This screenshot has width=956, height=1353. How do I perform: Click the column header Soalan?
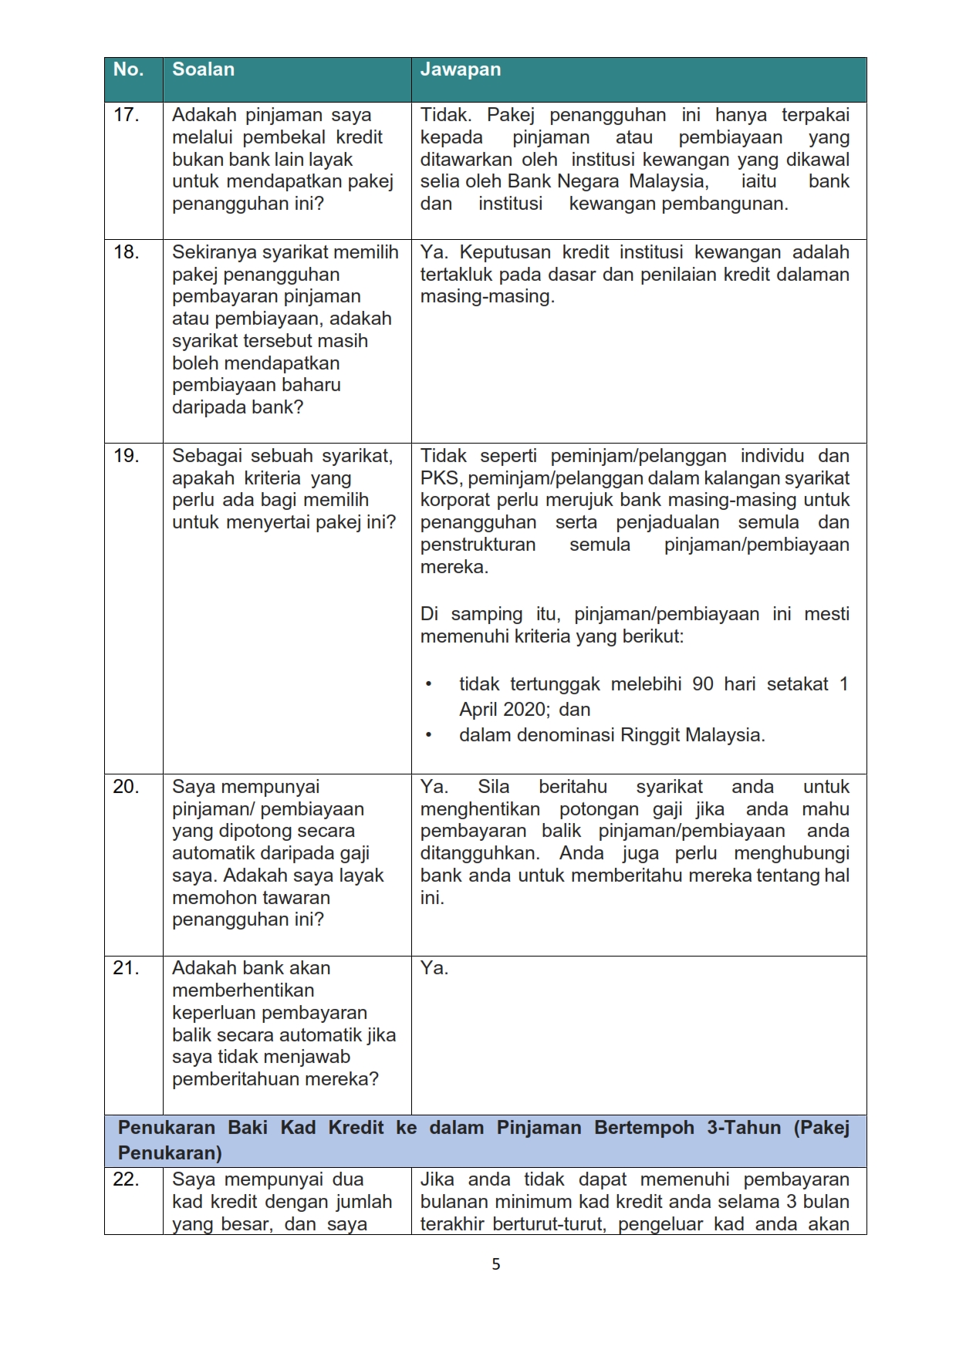point(203,69)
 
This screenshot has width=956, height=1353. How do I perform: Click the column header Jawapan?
point(460,69)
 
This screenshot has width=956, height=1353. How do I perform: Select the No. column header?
point(128,69)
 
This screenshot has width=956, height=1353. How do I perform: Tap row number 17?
point(126,115)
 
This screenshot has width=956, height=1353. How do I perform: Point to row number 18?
point(126,252)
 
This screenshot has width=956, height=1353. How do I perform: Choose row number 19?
point(126,456)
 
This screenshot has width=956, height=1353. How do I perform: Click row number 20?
point(126,787)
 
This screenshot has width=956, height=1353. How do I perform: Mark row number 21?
point(126,968)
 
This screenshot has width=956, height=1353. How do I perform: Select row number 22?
point(126,1179)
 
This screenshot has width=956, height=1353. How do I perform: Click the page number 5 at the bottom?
point(495,1264)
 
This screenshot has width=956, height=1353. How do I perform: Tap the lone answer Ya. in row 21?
point(434,968)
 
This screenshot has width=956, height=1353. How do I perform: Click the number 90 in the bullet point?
point(702,684)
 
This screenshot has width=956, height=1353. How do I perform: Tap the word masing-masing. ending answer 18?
point(487,297)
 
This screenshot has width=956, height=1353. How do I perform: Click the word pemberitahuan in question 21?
point(235,1079)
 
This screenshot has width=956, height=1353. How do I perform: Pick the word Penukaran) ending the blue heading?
point(170,1153)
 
